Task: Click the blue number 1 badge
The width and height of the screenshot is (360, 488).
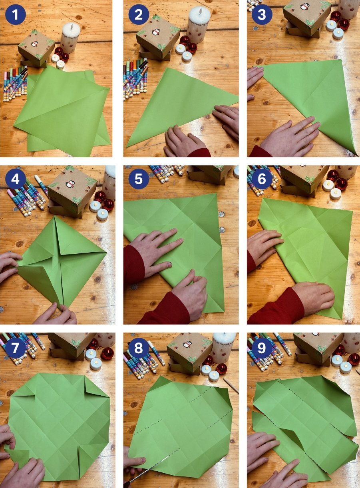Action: click(x=16, y=15)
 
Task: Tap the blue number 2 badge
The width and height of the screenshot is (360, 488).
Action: click(x=139, y=15)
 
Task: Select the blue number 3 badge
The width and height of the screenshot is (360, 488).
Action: click(x=262, y=15)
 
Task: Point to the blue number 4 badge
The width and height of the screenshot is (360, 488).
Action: click(x=16, y=180)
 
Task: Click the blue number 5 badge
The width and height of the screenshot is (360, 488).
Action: click(x=139, y=180)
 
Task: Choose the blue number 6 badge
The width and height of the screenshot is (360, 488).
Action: click(x=262, y=180)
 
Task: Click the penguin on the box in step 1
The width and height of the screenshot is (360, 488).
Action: click(x=34, y=44)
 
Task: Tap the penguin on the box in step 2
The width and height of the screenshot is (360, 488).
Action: click(x=155, y=32)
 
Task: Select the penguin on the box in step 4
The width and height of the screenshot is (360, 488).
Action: click(x=70, y=184)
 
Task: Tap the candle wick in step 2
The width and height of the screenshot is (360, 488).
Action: click(x=200, y=10)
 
